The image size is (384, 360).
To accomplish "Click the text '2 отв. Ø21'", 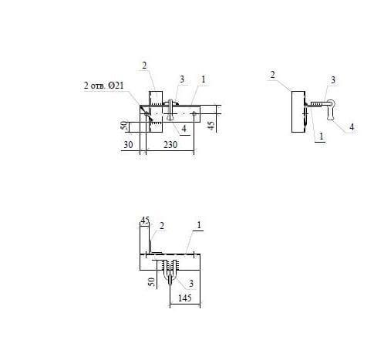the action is point(103,86).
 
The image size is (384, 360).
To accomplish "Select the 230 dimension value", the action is point(170,145).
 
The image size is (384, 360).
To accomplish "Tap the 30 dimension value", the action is point(128,145).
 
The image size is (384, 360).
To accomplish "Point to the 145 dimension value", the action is point(185,298).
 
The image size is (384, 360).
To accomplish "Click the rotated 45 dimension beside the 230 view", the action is point(211,126).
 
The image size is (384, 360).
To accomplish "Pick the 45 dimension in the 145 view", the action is point(145,220).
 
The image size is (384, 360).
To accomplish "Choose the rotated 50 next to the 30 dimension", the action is point(124,126).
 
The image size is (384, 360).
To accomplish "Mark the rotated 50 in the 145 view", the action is point(152,282).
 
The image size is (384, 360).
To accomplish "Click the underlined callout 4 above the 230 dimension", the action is point(184,129).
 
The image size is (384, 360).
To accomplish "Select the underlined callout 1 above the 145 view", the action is point(199,225).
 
